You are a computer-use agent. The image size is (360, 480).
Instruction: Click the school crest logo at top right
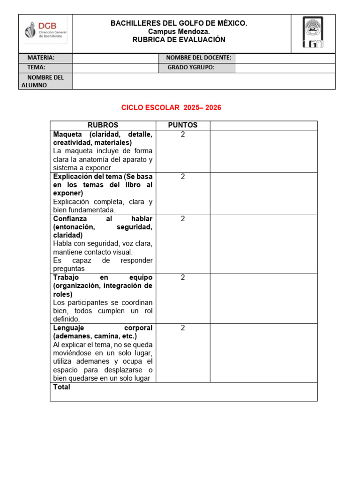(313, 34)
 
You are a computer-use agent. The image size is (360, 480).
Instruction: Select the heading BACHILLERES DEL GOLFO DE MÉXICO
(179, 23)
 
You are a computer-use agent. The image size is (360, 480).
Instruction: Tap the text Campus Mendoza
(179, 31)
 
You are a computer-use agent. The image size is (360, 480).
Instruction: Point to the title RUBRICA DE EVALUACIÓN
(179, 40)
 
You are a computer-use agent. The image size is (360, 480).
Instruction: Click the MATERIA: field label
(41, 58)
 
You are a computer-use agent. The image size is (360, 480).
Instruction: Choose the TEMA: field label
(36, 67)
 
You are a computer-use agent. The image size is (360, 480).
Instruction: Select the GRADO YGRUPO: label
(191, 67)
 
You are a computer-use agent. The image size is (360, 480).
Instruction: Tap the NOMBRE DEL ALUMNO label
(42, 81)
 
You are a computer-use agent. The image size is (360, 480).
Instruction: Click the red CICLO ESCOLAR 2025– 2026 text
(171, 108)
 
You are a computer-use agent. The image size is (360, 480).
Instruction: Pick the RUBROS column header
(103, 125)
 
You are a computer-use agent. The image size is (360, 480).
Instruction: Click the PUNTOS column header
(183, 125)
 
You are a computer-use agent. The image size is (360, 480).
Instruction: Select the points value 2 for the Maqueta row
(183, 135)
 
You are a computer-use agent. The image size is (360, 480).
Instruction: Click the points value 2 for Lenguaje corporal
(183, 328)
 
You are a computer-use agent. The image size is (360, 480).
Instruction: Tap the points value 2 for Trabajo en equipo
(183, 277)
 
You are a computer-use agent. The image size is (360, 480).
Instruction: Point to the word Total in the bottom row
(62, 387)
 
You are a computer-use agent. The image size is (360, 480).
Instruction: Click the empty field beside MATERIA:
(116, 58)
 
